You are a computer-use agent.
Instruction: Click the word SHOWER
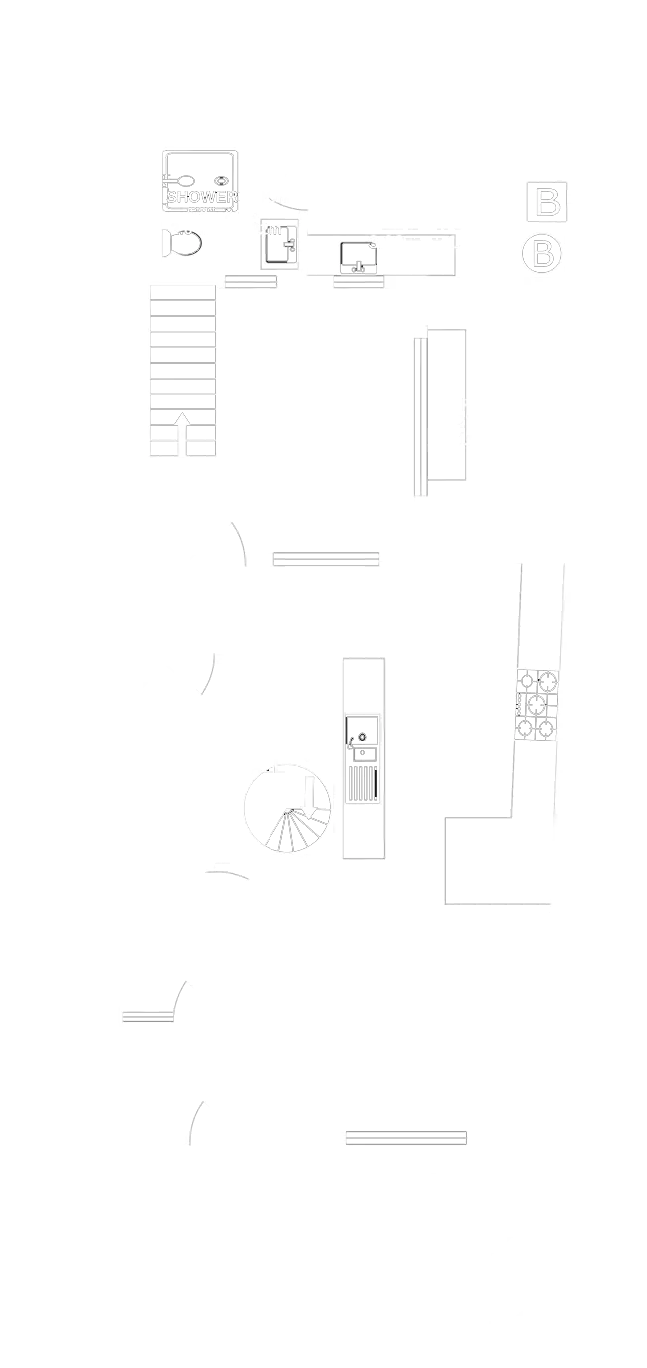pos(202,196)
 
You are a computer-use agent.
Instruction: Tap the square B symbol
pos(546,202)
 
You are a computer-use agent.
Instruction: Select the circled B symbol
pos(542,253)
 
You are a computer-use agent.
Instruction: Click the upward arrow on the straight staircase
pos(182,432)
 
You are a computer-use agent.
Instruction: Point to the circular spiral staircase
pos(284,807)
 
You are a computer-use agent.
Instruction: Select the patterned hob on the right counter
pos(536,705)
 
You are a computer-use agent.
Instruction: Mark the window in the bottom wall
pos(405,1137)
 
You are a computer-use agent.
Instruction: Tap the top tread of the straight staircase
pos(182,294)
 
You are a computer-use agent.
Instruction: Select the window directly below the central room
pos(326,559)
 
